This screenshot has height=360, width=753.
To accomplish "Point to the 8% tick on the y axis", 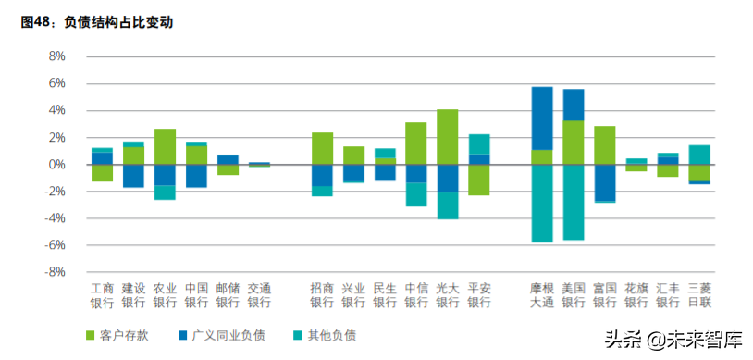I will tap(56, 56).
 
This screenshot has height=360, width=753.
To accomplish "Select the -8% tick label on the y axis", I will tap(55, 273).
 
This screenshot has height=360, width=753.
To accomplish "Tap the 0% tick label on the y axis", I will tap(56, 165).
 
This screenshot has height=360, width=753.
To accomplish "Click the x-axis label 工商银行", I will tap(102, 294).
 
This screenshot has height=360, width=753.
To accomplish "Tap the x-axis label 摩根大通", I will tap(542, 294).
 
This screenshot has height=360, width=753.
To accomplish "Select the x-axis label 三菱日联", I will tap(699, 294).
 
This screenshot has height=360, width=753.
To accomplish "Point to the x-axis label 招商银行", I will tap(322, 294).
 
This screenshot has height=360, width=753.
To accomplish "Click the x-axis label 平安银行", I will tap(479, 294).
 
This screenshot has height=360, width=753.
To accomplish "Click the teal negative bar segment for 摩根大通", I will tap(542, 203).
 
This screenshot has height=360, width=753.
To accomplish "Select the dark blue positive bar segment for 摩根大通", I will tap(542, 118).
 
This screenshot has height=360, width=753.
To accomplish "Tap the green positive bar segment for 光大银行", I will tap(448, 137).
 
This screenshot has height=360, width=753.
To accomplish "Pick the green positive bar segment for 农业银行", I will tap(165, 146).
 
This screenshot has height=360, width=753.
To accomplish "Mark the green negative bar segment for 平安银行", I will tap(479, 180).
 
